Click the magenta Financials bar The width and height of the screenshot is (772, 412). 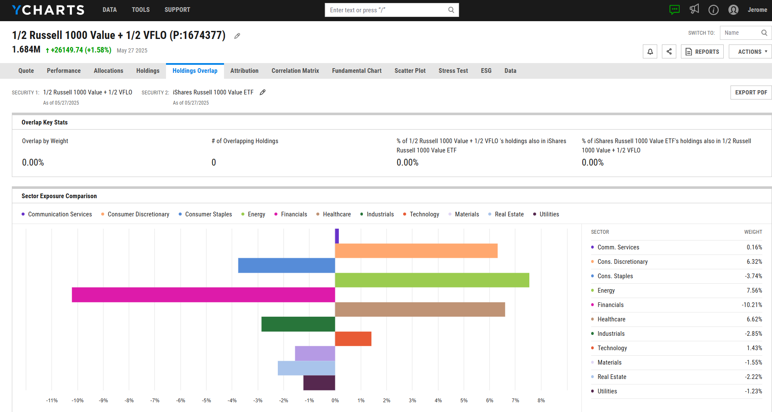(203, 295)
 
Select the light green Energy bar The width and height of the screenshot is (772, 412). (432, 280)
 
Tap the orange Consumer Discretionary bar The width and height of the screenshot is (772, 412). (416, 251)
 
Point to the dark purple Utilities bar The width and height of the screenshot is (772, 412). (319, 383)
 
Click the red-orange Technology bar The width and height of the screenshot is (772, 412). (353, 339)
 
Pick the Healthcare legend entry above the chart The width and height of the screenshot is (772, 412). (336, 214)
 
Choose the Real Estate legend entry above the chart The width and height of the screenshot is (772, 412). (509, 214)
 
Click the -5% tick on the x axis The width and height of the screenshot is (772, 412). (207, 401)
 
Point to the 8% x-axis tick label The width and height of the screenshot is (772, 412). (541, 401)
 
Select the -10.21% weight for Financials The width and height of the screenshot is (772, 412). (752, 305)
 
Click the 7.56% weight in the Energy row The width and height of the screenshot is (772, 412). (754, 290)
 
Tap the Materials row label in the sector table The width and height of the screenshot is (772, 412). (609, 362)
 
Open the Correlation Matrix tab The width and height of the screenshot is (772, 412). (295, 71)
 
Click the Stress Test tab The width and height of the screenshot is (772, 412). (453, 71)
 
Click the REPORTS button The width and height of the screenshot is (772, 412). (702, 52)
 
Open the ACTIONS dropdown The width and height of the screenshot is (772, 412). (750, 52)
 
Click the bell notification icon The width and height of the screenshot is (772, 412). (650, 52)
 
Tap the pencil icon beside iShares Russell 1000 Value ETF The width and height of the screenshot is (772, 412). (263, 92)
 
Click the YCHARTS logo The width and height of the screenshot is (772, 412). (48, 10)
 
